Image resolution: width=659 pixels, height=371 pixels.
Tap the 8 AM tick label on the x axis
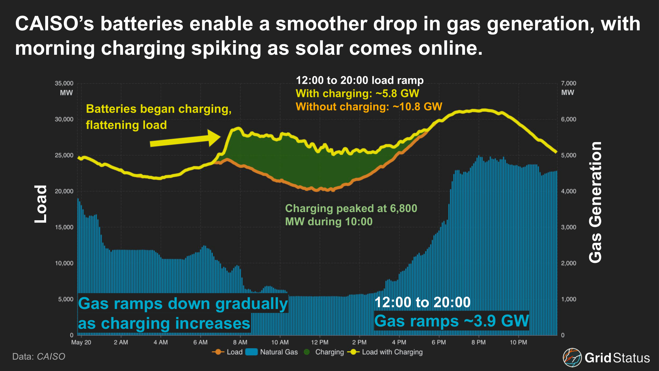click(240, 342)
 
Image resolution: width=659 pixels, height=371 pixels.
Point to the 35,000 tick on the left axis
click(64, 83)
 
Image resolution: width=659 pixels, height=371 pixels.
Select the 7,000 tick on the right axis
click(568, 83)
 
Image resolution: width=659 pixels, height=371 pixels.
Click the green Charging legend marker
click(307, 352)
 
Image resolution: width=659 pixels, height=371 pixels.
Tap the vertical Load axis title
click(41, 204)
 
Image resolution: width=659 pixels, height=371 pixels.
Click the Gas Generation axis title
click(595, 202)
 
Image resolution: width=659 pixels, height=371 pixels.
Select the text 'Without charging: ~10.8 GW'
click(369, 107)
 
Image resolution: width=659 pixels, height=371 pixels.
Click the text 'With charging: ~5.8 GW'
click(357, 93)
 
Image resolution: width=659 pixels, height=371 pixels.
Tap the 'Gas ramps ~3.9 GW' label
click(451, 321)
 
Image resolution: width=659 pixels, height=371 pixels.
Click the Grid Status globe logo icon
click(572, 357)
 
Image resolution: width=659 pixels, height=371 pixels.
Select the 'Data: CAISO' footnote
click(39, 356)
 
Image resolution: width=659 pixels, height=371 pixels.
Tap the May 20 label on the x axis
click(81, 342)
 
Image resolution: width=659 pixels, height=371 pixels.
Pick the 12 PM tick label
click(320, 342)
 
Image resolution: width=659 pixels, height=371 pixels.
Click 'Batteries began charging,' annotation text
click(158, 109)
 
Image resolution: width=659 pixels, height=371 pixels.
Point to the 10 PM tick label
click(518, 342)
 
